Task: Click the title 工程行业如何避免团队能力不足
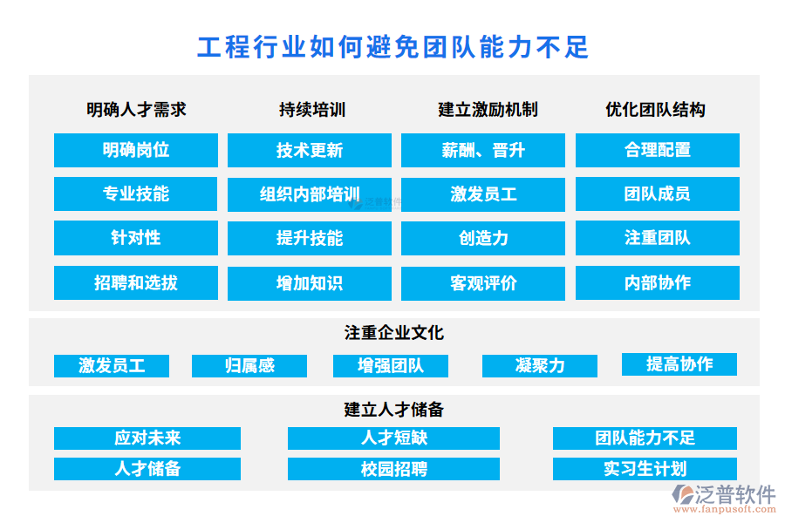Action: pos(393,48)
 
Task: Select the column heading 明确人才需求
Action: pos(136,110)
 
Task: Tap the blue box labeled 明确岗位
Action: pos(136,150)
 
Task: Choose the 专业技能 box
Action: pos(136,194)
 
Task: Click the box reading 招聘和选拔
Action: pos(136,282)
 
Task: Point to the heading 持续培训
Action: pos(312,110)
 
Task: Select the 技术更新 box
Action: pos(310,150)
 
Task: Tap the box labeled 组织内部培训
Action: pos(310,194)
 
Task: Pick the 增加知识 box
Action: pos(310,283)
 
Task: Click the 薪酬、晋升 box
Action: pos(483,150)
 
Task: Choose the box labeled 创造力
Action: pos(483,238)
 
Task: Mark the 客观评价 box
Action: pos(483,283)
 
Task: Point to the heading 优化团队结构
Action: pos(655,110)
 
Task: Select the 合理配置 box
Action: pos(658,150)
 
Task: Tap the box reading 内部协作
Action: pos(658,282)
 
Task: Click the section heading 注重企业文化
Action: pos(394,333)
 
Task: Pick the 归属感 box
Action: pos(249,366)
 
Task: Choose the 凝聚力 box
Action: pos(540,366)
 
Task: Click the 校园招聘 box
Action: pos(393,469)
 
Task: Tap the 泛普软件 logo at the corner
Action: pos(724,499)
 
